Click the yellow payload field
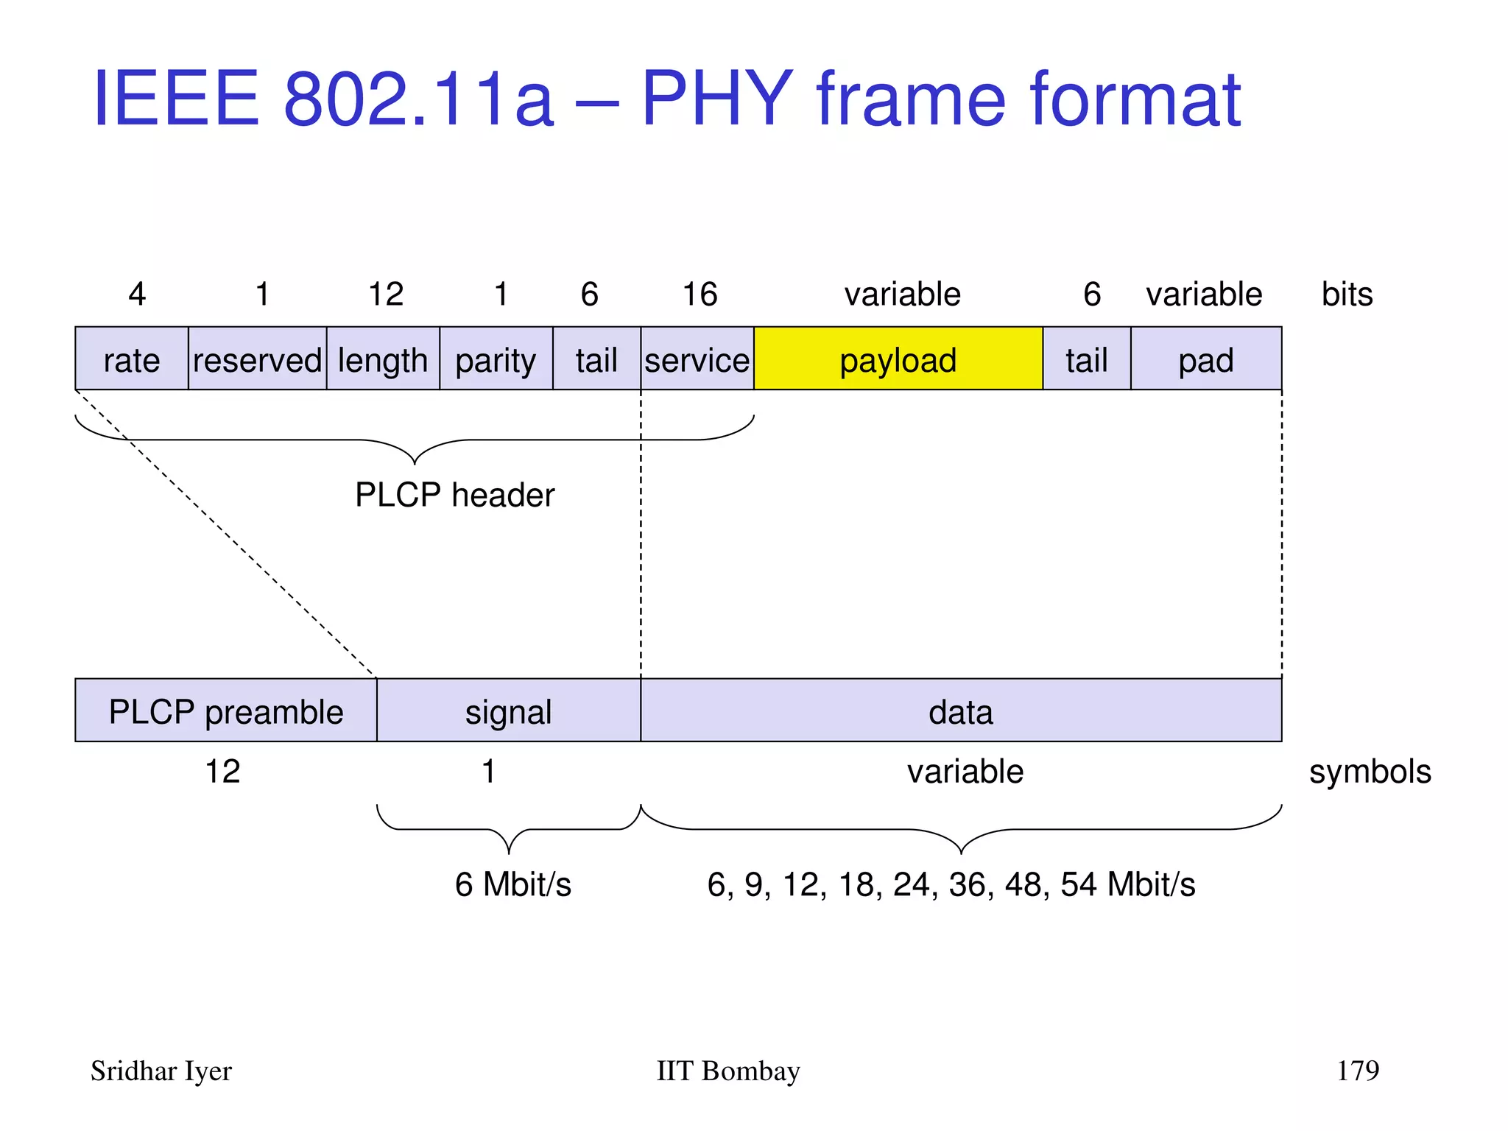[x=898, y=359]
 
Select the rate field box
[x=132, y=359]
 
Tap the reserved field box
[x=257, y=359]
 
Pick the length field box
[x=383, y=359]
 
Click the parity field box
[x=496, y=359]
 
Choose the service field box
[x=697, y=359]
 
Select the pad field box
[x=1205, y=359]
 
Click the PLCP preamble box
[x=226, y=711]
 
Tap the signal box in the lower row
[x=508, y=711]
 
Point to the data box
[x=960, y=711]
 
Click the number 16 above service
[x=700, y=295]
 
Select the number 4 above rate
[x=137, y=295]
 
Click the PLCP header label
[x=454, y=495]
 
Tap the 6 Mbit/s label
[x=512, y=884]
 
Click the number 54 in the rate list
[x=1079, y=884]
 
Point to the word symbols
[x=1370, y=772]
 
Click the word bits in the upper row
[x=1347, y=295]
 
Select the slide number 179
[x=1357, y=1070]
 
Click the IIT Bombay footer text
[x=727, y=1071]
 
